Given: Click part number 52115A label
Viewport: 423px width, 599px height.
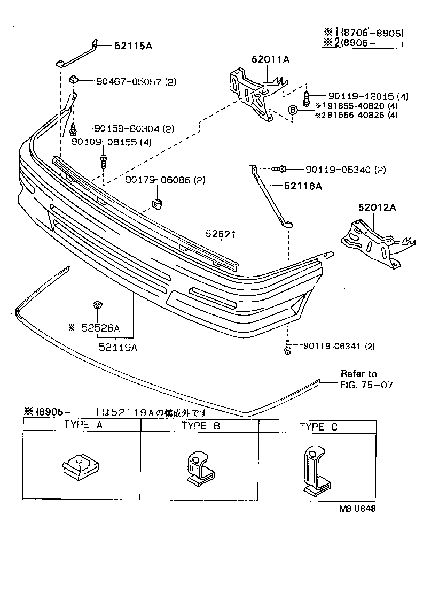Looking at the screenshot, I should [x=133, y=46].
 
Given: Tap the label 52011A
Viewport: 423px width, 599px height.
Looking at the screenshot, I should [x=271, y=60].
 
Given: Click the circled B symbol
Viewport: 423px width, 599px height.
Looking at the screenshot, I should [x=293, y=110].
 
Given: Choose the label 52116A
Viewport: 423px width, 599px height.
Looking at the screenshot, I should [x=302, y=186].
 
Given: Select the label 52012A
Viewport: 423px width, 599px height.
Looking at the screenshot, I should [x=377, y=207].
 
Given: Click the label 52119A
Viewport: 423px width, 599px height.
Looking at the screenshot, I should [x=118, y=347].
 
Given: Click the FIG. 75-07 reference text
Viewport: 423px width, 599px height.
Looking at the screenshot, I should [x=366, y=385].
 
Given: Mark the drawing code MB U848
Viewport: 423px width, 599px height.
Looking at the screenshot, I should [x=356, y=509].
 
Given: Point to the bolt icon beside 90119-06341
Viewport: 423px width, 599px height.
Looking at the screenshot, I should [x=287, y=347].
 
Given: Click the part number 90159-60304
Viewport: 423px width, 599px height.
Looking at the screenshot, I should [x=127, y=129].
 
